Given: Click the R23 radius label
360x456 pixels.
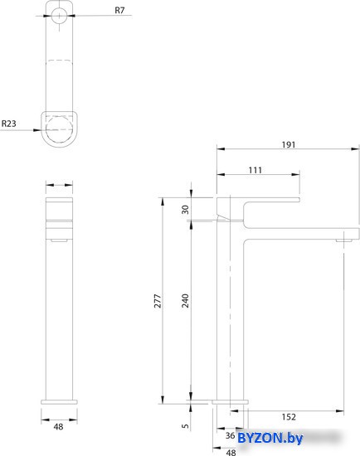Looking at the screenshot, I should [x=8, y=124].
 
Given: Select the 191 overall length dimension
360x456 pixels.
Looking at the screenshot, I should [x=288, y=144].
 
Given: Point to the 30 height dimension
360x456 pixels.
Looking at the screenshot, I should [x=185, y=209].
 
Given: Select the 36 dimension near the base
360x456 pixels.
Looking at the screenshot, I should [x=231, y=435].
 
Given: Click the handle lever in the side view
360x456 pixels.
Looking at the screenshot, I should [x=257, y=201].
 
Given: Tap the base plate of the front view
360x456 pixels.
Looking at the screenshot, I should [x=58, y=400].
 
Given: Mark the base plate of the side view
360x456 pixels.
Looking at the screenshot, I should [x=231, y=400].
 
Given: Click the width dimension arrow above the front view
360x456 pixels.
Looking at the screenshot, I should [x=58, y=185].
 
